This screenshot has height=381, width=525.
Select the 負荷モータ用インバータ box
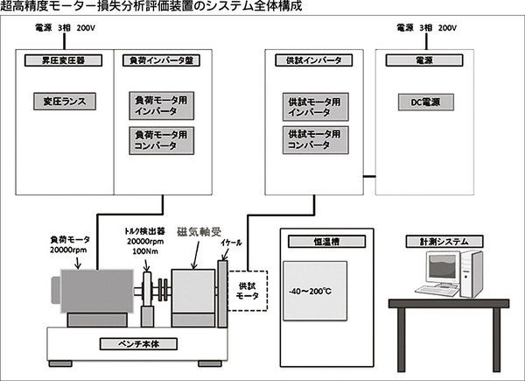(159, 106)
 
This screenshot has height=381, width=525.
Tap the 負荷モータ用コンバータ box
(159, 140)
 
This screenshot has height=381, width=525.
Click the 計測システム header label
(446, 243)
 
